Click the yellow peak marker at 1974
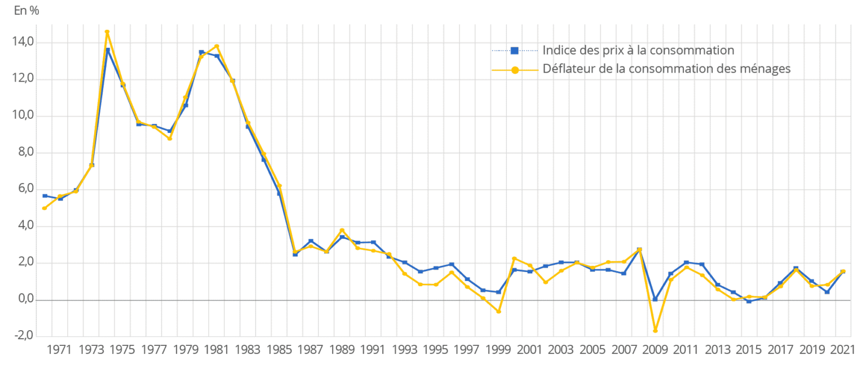click(107, 32)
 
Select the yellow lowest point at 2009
click(655, 330)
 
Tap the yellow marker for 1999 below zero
click(498, 311)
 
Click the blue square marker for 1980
click(201, 52)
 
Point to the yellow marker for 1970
click(45, 208)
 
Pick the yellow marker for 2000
click(514, 259)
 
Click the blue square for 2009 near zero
click(655, 299)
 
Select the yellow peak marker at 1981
click(216, 46)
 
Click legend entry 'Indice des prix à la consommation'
click(638, 50)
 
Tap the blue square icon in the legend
click(514, 50)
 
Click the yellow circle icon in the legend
click(514, 70)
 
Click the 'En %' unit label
click(26, 11)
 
